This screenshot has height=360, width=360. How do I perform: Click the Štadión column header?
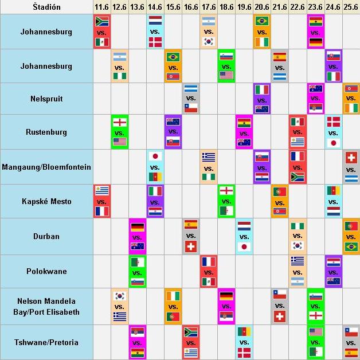coord(46,6)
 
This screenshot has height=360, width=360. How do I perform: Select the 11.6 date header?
coord(101,6)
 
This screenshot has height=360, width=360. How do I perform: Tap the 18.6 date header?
coord(226,6)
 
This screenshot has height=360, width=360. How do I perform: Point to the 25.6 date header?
coord(351,6)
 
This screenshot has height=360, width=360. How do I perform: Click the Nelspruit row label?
coord(46,99)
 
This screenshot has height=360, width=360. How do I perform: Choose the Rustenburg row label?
coord(46,132)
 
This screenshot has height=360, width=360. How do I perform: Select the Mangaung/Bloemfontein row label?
coord(46,166)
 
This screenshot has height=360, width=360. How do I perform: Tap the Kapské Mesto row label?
coord(46,201)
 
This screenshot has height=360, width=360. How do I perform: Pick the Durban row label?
coord(46,236)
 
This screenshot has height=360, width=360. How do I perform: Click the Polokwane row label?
coord(46,271)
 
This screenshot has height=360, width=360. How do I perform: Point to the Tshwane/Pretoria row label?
coord(46,342)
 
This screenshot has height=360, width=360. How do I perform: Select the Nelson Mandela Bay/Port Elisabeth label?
coord(46,307)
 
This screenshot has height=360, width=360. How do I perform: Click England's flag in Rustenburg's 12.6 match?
coord(119,123)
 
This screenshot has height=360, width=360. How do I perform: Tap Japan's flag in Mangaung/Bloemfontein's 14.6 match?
coord(155,156)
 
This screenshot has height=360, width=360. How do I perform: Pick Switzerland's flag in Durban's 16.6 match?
coord(190,246)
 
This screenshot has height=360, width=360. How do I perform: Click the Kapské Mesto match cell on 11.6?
coord(101,201)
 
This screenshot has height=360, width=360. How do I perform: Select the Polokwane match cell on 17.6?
coord(208,271)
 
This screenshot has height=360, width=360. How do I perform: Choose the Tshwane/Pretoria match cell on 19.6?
coord(244,342)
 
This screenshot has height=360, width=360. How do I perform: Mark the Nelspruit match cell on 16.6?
coord(190,99)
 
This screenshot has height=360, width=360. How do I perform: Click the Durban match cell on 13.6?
coord(137,236)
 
